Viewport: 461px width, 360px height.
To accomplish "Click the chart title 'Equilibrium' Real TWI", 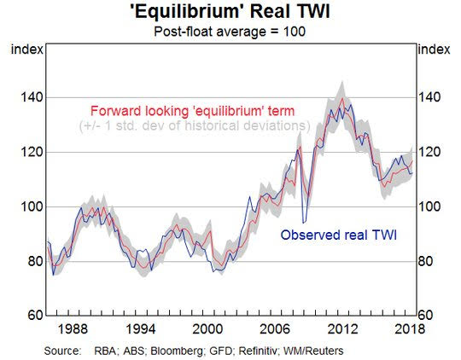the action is [230, 12].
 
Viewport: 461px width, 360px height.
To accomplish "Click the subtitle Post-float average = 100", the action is [230, 32].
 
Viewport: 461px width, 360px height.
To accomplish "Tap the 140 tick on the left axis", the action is [32, 97].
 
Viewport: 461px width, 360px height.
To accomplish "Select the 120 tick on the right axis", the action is [429, 152].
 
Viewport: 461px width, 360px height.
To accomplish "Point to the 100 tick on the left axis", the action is [32, 206].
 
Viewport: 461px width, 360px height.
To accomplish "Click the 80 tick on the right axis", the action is [425, 261].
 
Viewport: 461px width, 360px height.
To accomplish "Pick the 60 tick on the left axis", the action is [36, 316].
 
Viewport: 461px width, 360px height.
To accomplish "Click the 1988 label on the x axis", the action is [73, 328].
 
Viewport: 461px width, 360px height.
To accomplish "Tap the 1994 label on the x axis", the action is [141, 328].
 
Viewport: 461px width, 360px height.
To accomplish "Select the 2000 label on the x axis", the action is [207, 328].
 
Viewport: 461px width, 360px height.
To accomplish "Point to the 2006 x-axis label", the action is [275, 328].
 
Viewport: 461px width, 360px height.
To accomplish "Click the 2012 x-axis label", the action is [342, 328].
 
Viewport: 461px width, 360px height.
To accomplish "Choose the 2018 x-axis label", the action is [410, 328].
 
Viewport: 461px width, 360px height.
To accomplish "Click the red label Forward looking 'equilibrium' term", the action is [193, 111].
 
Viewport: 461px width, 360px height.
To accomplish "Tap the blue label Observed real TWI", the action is [338, 235].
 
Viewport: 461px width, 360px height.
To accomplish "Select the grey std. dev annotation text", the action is [195, 125].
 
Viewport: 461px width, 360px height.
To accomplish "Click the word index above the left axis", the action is [27, 49].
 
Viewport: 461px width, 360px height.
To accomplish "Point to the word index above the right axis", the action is [434, 49].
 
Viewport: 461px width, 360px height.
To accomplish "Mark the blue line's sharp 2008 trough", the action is [304, 223].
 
